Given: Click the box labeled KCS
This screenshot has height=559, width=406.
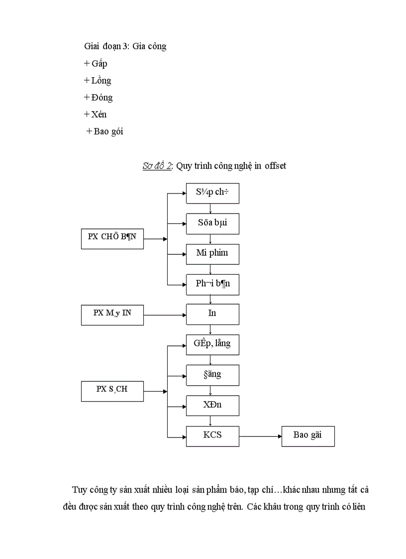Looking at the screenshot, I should click(x=212, y=436).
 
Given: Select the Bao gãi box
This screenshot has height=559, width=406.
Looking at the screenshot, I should click(x=308, y=436).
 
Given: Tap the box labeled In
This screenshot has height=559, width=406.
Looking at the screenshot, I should click(x=212, y=314).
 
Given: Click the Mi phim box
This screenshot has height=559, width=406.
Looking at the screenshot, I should click(x=212, y=253).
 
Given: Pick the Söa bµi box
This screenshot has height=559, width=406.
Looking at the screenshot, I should click(x=212, y=223).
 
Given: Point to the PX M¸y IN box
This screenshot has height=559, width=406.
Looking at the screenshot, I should click(x=112, y=314).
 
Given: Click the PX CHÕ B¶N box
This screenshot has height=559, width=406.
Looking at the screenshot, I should click(x=112, y=238).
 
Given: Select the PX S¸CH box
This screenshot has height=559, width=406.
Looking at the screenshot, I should click(x=112, y=390).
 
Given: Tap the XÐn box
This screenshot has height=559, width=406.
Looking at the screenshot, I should click(x=212, y=405).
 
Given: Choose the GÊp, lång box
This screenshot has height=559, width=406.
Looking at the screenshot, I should click(x=212, y=344).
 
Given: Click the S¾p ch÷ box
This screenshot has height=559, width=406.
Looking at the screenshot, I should click(x=212, y=193).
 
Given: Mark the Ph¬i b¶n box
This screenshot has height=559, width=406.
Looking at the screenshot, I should click(x=212, y=284).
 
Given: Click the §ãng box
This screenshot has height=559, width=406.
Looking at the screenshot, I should click(x=212, y=375).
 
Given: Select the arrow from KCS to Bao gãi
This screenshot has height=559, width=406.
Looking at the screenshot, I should click(x=260, y=436).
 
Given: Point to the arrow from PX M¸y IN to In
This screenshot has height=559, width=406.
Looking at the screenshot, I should click(x=165, y=315).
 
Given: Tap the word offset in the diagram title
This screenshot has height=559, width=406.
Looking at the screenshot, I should click(x=275, y=166).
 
